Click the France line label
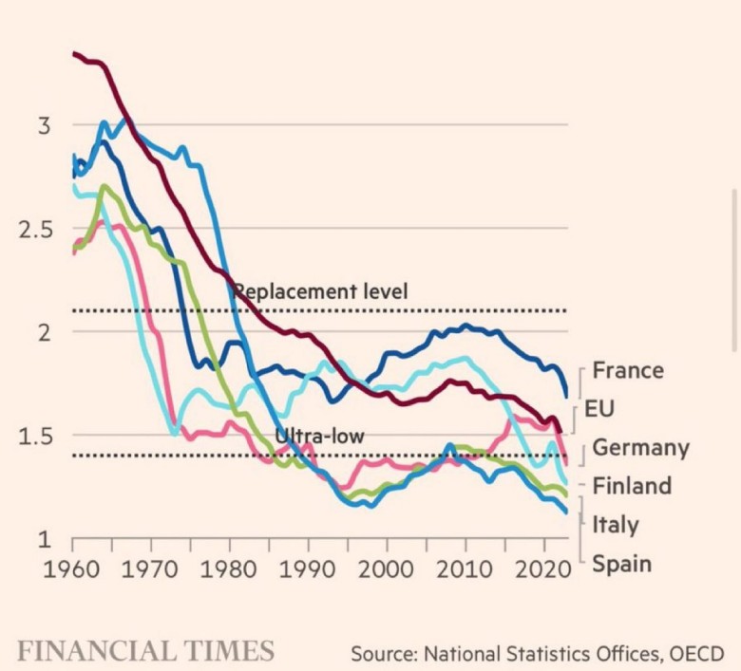pyautogui.click(x=628, y=370)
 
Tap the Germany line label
pyautogui.click(x=640, y=448)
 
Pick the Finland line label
pyautogui.click(x=632, y=486)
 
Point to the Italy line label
pyautogui.click(x=616, y=525)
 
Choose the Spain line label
pyautogui.click(x=621, y=564)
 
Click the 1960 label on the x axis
pyautogui.click(x=72, y=572)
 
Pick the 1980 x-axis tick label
pyautogui.click(x=229, y=572)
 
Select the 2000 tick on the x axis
pyautogui.click(x=387, y=572)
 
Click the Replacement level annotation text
pyautogui.click(x=320, y=290)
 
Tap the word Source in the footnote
pyautogui.click(x=381, y=653)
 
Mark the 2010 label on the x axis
pyautogui.click(x=465, y=572)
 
